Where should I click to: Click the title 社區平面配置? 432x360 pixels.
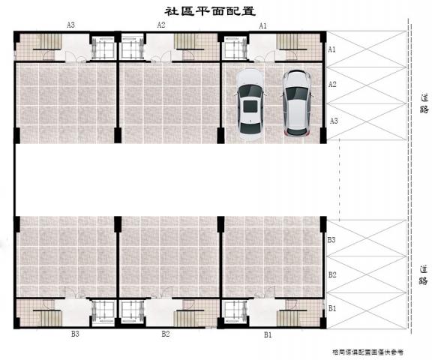coord(210,11)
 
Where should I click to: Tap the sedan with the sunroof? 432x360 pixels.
coord(250,104)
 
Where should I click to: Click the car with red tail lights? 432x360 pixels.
coord(296,103)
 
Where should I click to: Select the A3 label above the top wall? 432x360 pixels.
coord(70,25)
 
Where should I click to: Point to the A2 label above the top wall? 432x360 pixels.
coord(161,25)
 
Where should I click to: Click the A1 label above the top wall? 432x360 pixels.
coord(262,25)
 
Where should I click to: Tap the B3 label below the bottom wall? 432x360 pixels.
coord(75,334)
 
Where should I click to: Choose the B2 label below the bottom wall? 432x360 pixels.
coord(166,334)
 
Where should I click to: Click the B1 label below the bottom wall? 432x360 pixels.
coord(268,334)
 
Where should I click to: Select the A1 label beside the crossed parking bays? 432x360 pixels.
coord(331,49)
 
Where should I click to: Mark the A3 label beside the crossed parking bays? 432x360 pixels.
coord(334,121)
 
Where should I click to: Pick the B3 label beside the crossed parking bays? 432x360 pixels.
coord(331,240)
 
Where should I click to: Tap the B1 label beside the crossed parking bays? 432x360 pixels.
coord(332,308)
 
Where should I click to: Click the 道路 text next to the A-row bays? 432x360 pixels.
coord(424,103)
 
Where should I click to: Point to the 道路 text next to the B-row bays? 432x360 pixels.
coord(424,275)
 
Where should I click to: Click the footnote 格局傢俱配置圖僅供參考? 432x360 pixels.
coord(367,352)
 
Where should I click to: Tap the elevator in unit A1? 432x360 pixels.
coord(235,48)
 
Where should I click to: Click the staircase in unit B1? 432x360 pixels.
coord(292,318)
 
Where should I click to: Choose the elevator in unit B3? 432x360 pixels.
coord(103,312)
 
